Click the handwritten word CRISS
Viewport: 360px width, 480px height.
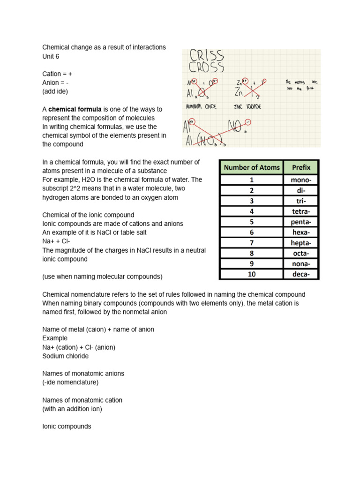pos(207,56)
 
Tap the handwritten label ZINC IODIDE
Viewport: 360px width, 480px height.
pos(247,106)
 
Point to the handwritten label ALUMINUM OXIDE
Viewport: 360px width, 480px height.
pos(201,106)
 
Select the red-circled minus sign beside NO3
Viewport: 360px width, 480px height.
pos(247,123)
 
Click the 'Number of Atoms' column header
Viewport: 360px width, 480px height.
pos(251,167)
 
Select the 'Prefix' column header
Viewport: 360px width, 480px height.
pos(301,167)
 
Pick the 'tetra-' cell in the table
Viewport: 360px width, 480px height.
pos(301,211)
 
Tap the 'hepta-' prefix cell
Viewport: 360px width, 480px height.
pos(301,242)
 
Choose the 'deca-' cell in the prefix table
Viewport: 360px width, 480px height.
pos(301,274)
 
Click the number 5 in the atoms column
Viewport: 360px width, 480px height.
pos(251,222)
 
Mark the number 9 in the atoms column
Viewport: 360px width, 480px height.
pos(251,263)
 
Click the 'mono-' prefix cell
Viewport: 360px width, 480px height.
pos(301,180)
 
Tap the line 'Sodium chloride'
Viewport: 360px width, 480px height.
pos(65,356)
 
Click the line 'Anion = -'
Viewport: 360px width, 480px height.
pos(57,82)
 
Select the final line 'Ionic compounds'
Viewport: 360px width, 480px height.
pos(67,427)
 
